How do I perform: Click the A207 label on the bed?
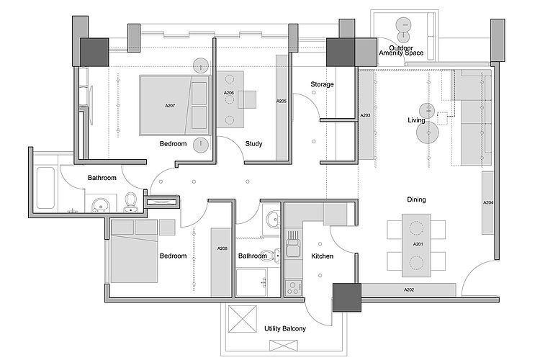(170, 106)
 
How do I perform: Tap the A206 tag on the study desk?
(229, 93)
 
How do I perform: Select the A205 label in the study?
(282, 102)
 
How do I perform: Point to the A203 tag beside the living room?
(365, 115)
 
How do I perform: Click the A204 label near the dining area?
(488, 203)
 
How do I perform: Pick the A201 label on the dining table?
(418, 244)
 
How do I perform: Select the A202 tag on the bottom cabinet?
(409, 290)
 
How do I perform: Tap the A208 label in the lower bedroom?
(222, 248)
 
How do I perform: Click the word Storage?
(322, 84)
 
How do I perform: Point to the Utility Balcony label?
(285, 328)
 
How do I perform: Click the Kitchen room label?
(322, 256)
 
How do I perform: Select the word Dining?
(416, 200)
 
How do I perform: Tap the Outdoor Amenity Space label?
(401, 50)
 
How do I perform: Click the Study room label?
(254, 144)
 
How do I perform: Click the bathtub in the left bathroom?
(45, 188)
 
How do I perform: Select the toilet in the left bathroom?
(130, 203)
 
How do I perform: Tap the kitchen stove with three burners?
(294, 288)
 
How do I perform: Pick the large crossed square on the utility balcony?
(243, 319)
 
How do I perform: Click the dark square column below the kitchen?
(347, 297)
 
